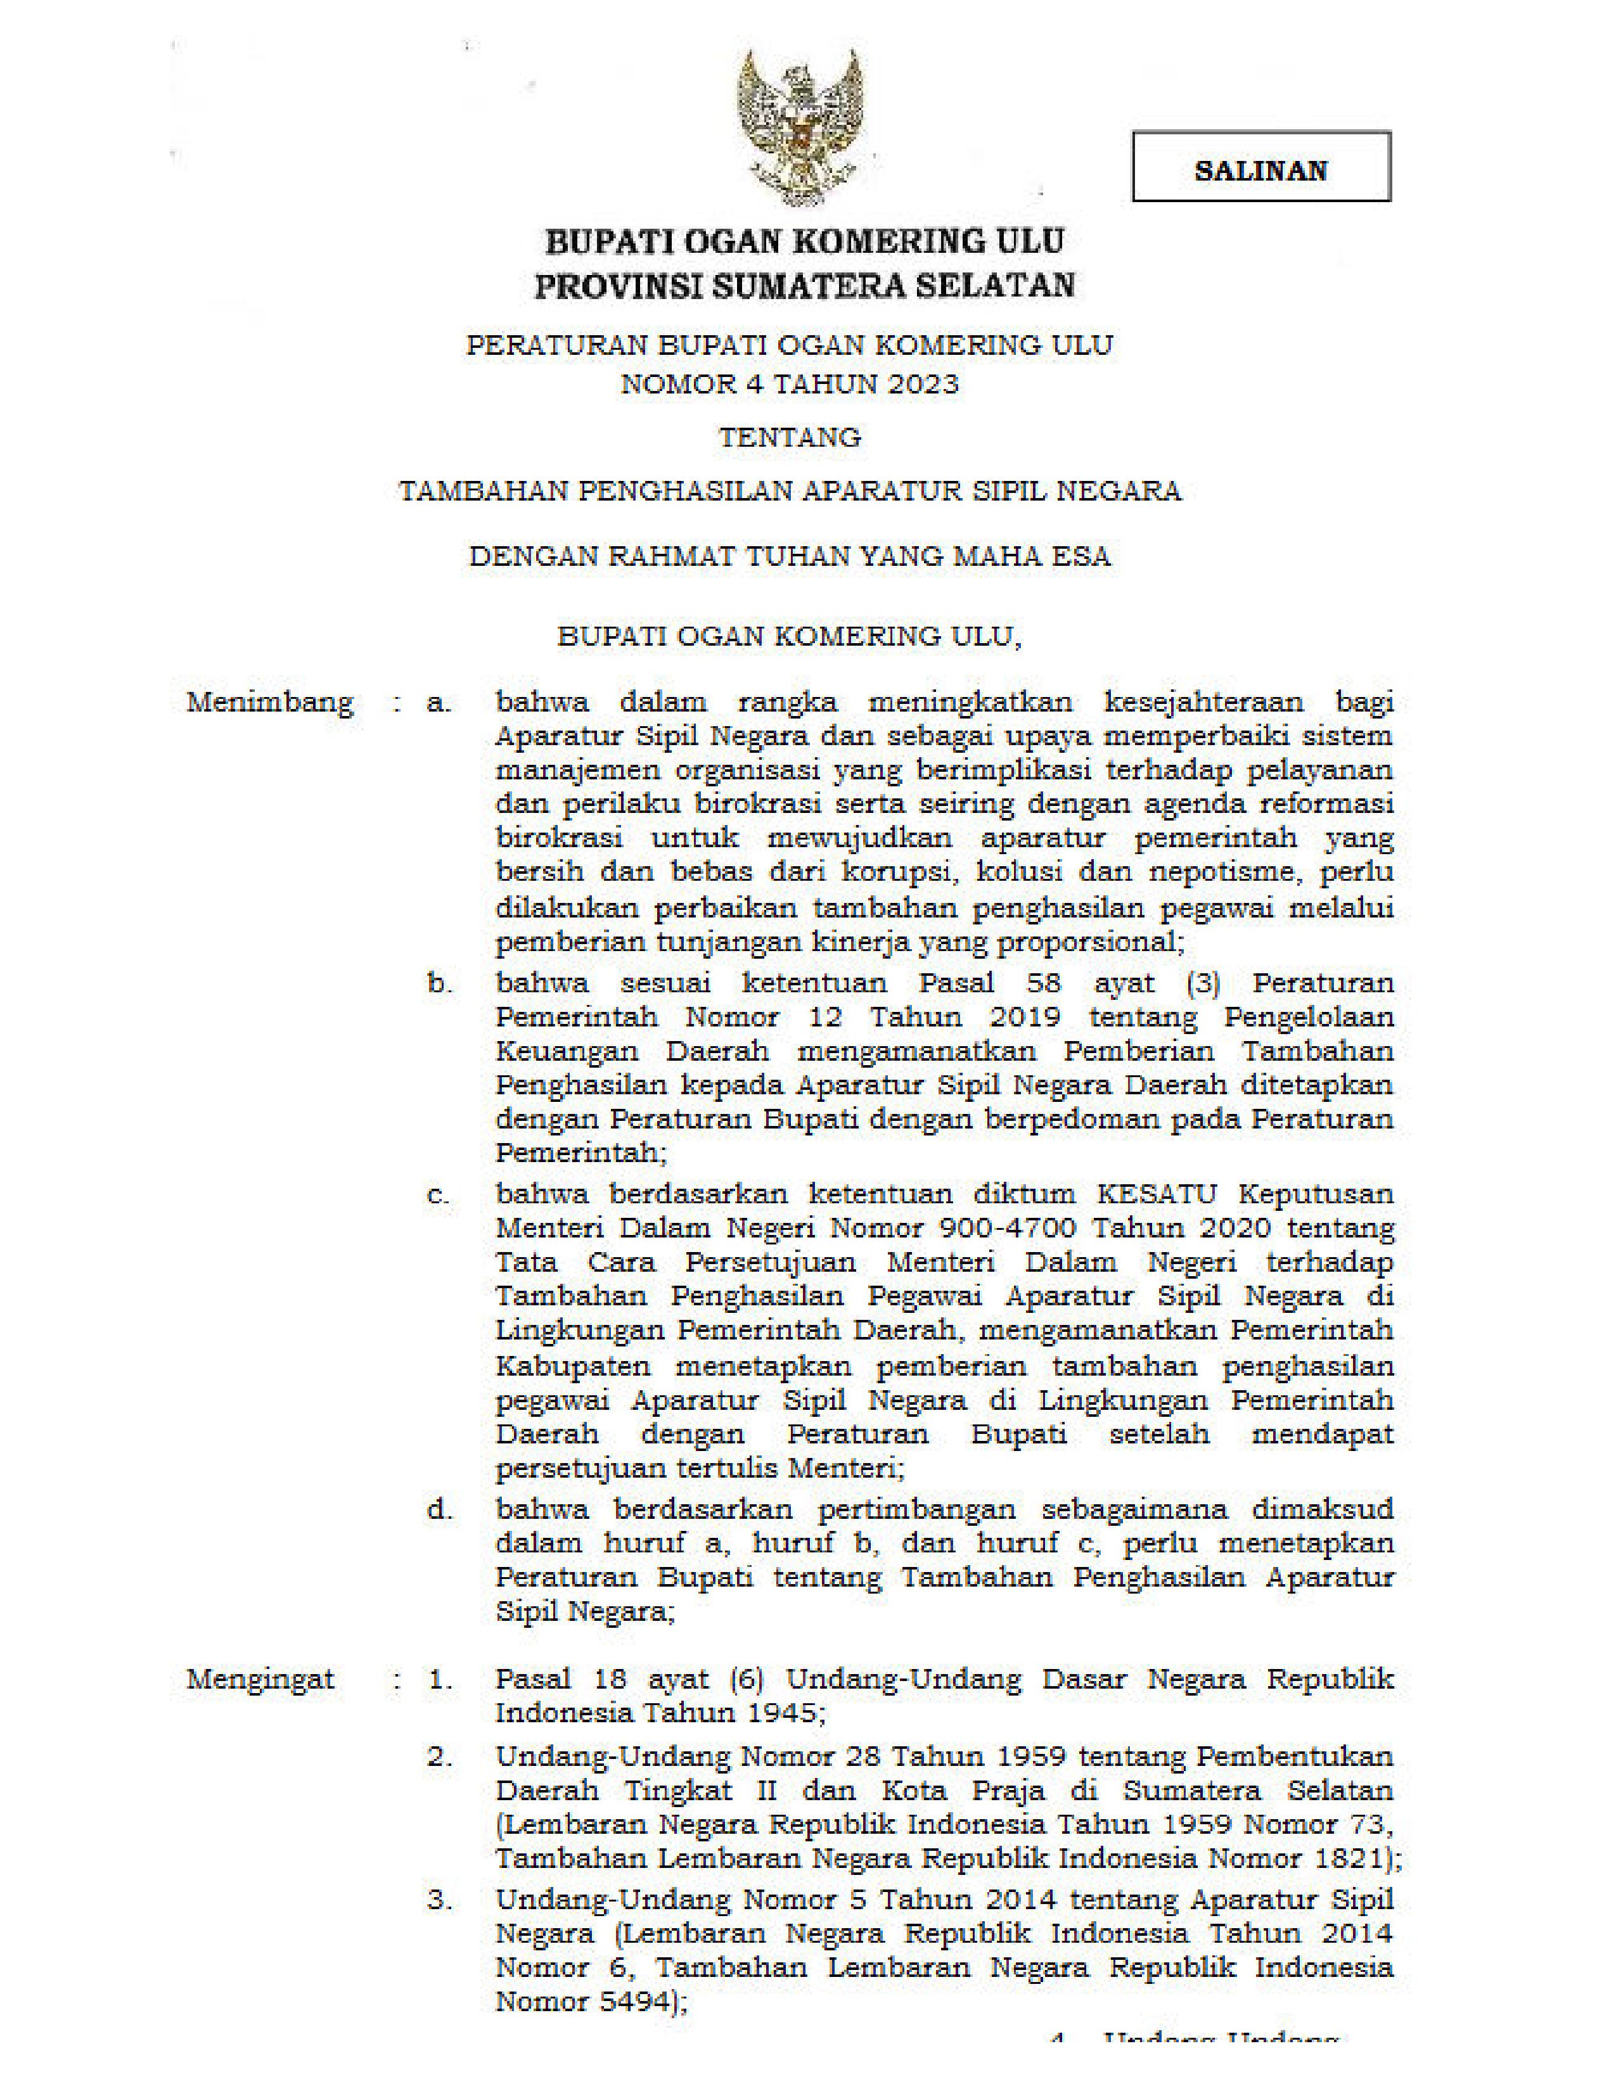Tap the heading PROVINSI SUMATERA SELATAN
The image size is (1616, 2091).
804,285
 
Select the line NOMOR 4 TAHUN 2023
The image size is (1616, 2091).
790,384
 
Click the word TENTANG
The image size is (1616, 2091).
790,438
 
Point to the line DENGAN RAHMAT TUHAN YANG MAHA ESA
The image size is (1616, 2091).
790,556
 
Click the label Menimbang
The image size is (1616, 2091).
270,703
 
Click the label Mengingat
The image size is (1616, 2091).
260,1679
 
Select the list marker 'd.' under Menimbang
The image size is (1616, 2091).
439,1510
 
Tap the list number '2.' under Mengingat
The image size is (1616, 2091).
439,1757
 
